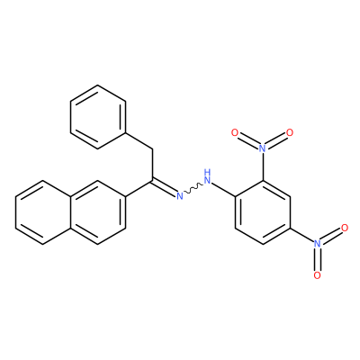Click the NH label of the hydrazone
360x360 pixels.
tap(207, 177)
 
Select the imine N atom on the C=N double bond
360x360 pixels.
tap(179, 196)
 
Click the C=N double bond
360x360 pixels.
tap(165, 187)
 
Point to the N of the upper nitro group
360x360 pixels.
tap(262, 148)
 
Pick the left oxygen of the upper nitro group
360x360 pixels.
tap(235, 132)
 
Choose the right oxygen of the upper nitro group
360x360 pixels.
tap(290, 132)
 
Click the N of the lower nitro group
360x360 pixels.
tap(318, 244)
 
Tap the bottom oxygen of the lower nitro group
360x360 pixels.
tap(318, 275)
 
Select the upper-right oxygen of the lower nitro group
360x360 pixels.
tap(345, 228)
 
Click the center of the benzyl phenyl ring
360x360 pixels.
tap(98, 117)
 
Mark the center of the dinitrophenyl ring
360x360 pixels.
tap(263, 212)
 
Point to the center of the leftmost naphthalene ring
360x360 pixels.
tap(43, 212)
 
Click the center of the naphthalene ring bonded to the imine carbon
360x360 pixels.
tap(98, 212)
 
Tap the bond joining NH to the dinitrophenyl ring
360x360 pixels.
tap(224, 190)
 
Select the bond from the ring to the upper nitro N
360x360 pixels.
tap(263, 166)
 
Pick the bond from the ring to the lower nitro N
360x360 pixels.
tap(301, 235)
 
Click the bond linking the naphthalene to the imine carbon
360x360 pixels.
tap(139, 189)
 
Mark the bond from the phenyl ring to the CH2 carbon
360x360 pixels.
tap(139, 141)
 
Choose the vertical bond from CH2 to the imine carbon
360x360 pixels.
tap(152, 165)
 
